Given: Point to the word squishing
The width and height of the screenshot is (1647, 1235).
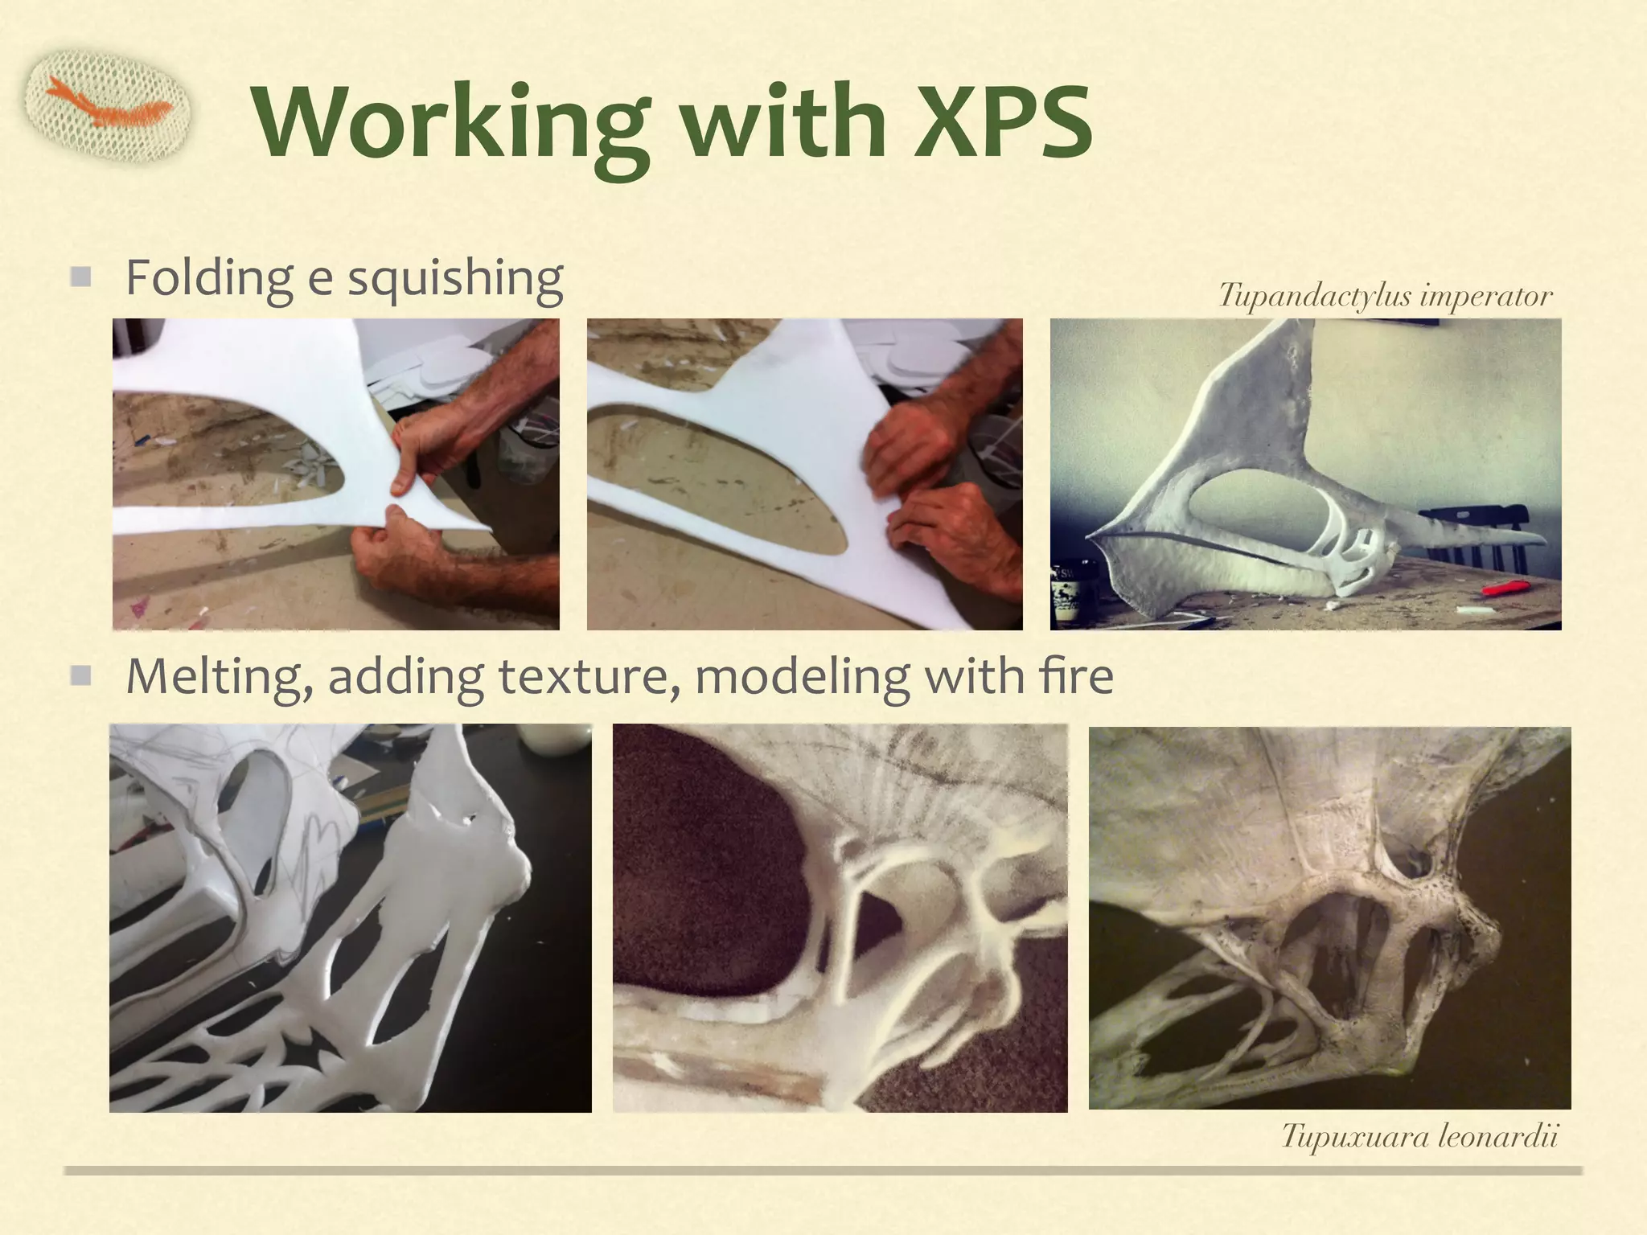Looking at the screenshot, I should click(454, 278).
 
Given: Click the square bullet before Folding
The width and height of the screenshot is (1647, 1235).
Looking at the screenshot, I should click(80, 277).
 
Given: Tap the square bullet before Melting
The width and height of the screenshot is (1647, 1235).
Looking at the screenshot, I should click(80, 675).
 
